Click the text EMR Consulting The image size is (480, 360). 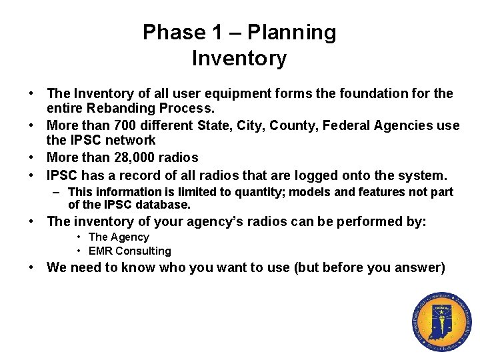(129, 251)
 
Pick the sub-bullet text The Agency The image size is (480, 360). (119, 237)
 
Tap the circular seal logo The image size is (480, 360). (441, 323)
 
